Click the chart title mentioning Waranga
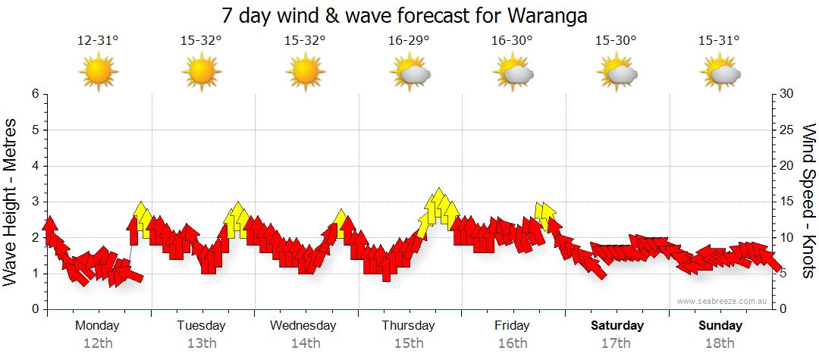[x=405, y=15]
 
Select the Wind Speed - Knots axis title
[x=808, y=201]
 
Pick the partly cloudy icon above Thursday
[x=410, y=73]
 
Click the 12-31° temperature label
[x=98, y=41]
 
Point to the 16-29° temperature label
[x=409, y=41]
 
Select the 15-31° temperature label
[x=720, y=41]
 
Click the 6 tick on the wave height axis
[x=34, y=94]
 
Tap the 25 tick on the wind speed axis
[x=787, y=130]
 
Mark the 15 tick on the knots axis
[x=787, y=202]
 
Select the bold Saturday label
[x=617, y=326]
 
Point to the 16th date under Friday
[x=513, y=343]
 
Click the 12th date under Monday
[x=98, y=343]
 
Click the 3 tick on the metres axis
[x=34, y=202]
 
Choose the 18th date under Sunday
[x=720, y=343]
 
